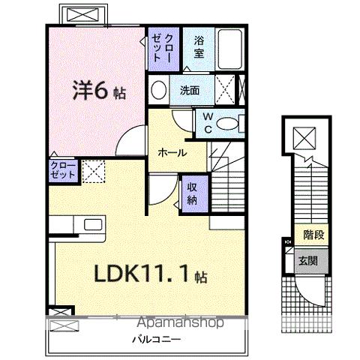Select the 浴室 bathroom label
pyautogui.click(x=199, y=46)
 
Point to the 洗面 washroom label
pyautogui.click(x=190, y=91)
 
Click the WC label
pyautogui.click(x=207, y=121)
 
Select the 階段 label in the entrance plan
pyautogui.click(x=314, y=235)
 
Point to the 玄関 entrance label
pyautogui.click(x=308, y=260)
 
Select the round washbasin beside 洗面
pyautogui.click(x=158, y=91)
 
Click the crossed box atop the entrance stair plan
pyautogui.click(x=305, y=139)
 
